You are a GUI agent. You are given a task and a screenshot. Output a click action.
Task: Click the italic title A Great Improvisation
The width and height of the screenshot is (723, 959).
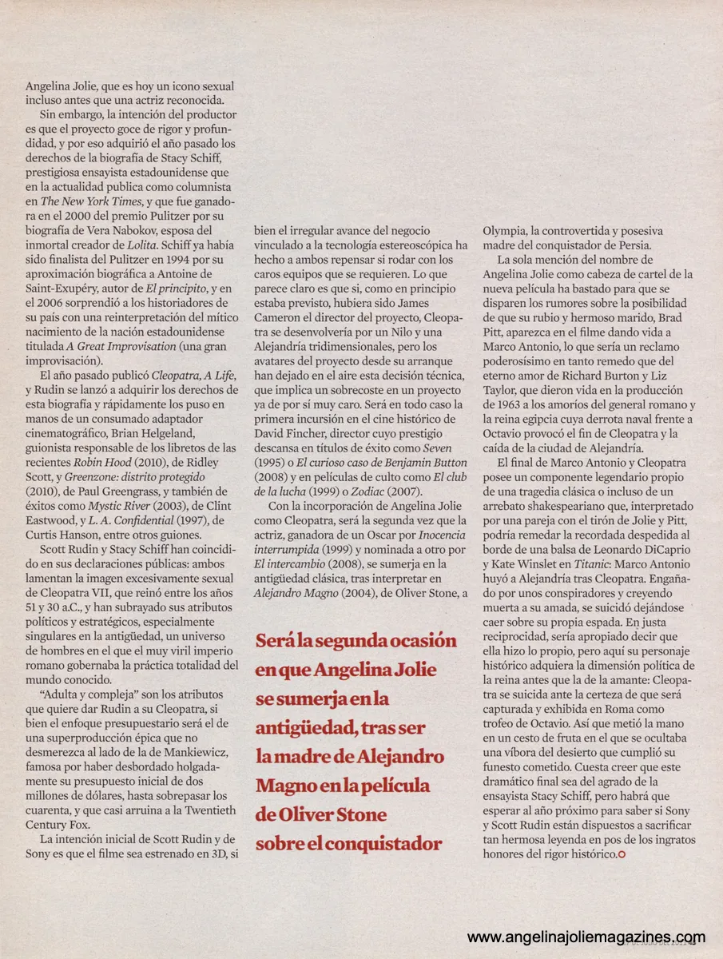coord(121,346)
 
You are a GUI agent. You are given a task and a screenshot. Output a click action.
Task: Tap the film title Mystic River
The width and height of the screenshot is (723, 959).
coord(119,504)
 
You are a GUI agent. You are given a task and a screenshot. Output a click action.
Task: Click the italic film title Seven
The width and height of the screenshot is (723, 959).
coord(436,448)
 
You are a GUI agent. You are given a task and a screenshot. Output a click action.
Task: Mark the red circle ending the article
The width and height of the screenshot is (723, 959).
coord(622,855)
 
